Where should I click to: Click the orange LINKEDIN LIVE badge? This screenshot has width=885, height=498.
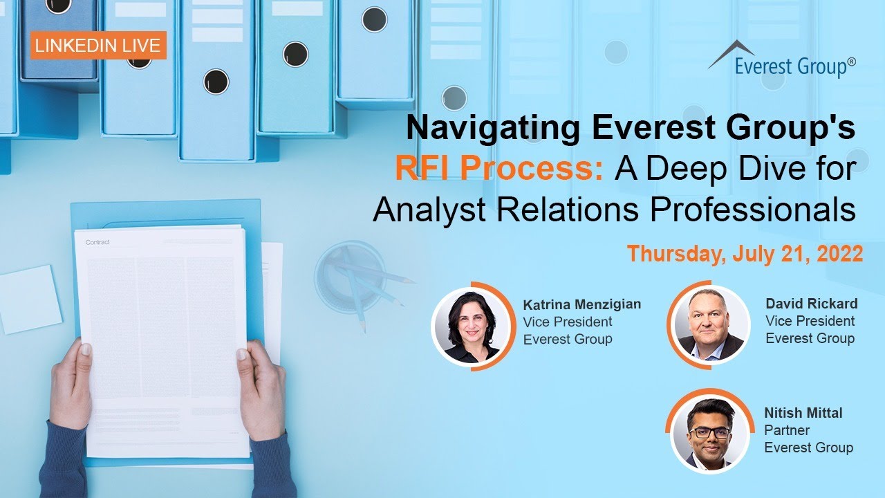coord(98,46)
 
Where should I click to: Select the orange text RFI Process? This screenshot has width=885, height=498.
coord(499,169)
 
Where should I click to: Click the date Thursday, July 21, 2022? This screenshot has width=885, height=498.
coord(745,254)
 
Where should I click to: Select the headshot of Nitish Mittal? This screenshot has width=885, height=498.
coord(709,432)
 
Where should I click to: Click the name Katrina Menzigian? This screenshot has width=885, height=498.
coord(581,304)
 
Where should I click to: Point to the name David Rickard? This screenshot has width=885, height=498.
coord(811,304)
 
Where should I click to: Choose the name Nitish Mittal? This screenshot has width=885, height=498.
coord(803,413)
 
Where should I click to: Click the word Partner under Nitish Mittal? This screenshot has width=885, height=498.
coord(786,430)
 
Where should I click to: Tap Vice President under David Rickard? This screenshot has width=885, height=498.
coord(810,321)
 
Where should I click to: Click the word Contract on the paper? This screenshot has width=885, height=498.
coord(97,242)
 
